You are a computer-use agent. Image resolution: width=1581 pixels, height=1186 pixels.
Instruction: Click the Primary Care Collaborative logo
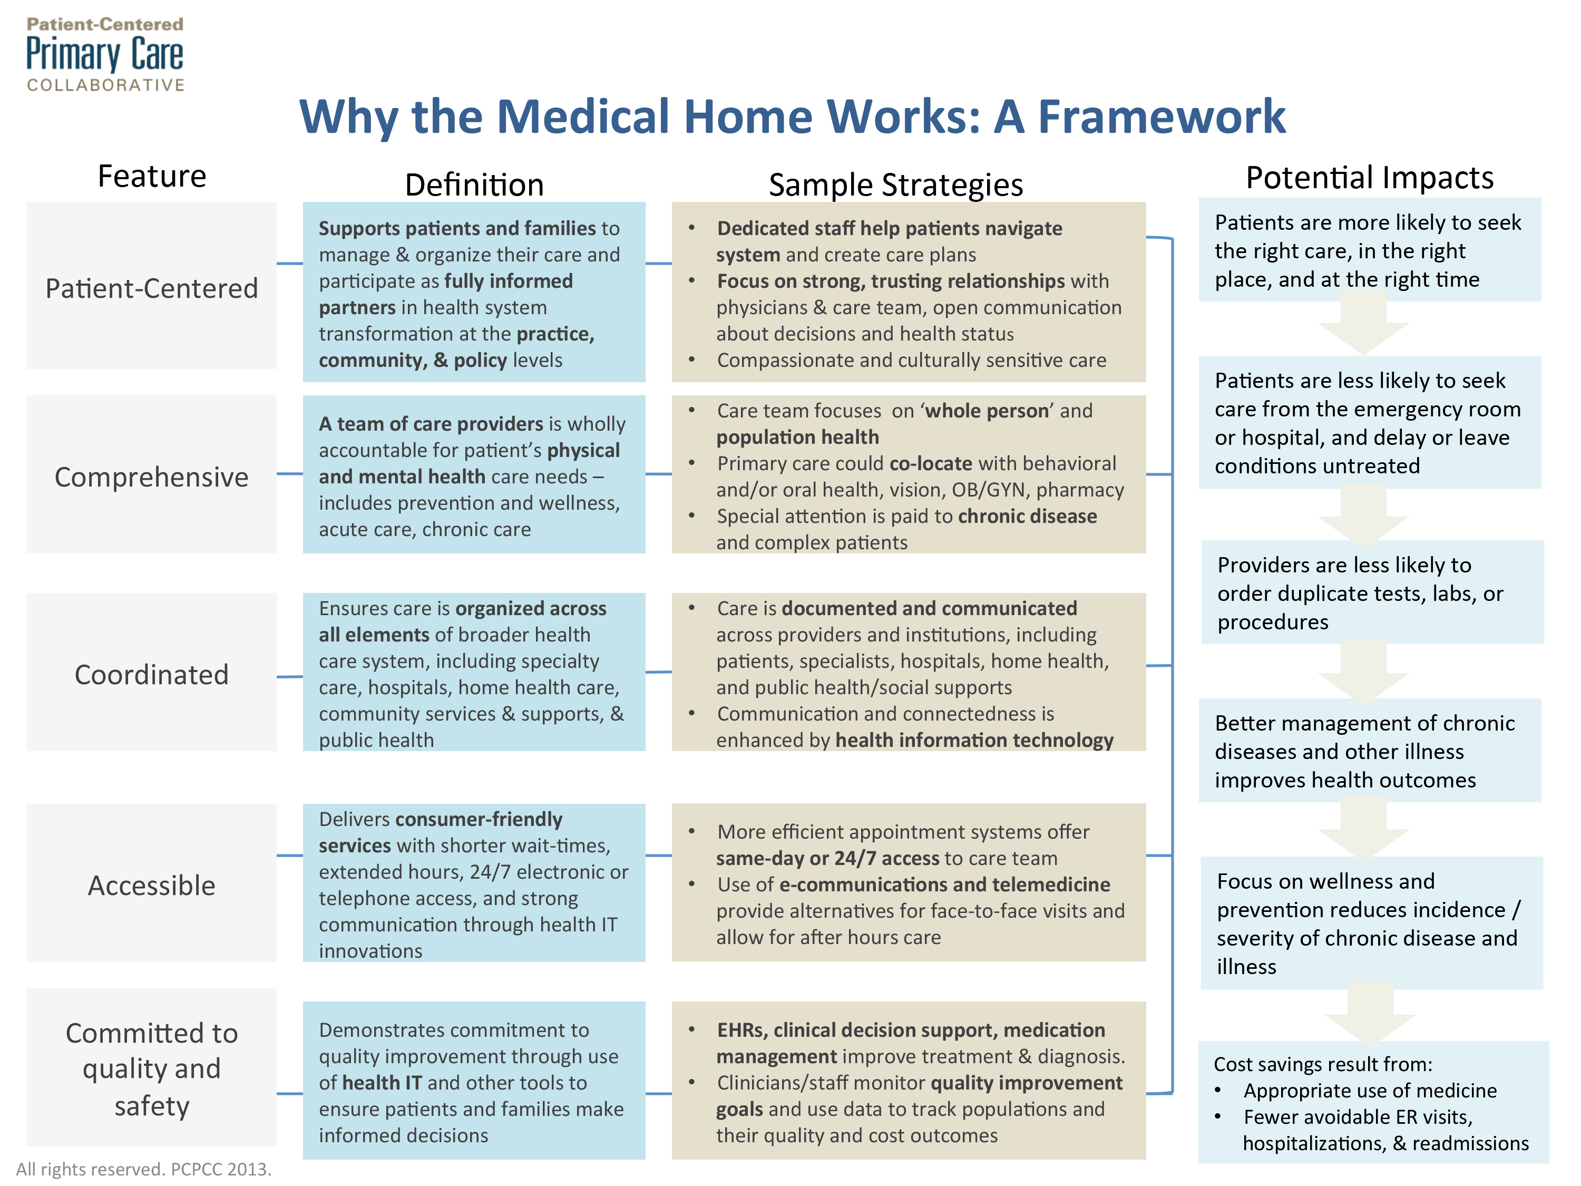click(x=105, y=54)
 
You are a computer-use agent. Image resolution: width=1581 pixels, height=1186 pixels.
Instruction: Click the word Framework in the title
click(x=1162, y=116)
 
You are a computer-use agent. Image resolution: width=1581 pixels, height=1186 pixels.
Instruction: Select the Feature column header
click(x=152, y=176)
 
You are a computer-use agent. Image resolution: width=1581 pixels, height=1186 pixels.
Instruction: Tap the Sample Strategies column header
click(x=895, y=185)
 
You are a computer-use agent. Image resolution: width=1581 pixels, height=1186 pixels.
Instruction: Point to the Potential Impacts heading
click(x=1370, y=177)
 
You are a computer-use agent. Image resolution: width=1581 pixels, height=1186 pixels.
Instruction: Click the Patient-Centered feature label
click(x=152, y=288)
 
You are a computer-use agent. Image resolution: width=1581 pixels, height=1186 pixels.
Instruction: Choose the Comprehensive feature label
click(x=152, y=477)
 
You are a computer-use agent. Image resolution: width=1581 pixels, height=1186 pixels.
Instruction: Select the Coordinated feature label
click(x=152, y=674)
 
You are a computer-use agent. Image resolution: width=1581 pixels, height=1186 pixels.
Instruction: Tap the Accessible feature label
click(x=152, y=885)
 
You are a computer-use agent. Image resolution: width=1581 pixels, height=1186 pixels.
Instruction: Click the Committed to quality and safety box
click(x=152, y=1067)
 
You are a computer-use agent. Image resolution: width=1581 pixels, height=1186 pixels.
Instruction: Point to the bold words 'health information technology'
click(x=974, y=740)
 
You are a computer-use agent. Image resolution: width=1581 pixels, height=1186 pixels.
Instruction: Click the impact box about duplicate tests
click(x=1372, y=592)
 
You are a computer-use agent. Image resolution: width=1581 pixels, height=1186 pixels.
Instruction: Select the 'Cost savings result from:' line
click(x=1323, y=1064)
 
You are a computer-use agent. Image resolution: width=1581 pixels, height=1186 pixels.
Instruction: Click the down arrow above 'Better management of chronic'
click(x=1364, y=672)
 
